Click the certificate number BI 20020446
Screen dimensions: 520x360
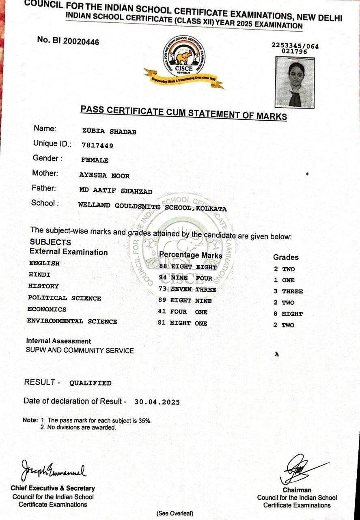coord(68,41)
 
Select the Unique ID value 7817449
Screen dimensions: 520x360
coord(97,145)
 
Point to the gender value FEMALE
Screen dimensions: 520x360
coord(95,160)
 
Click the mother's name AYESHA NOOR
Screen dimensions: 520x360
coord(105,175)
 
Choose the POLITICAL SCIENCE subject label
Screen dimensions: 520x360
coord(65,298)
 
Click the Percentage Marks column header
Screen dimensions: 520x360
coord(191,255)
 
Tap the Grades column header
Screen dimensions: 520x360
coord(286,257)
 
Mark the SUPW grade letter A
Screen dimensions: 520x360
coord(277,354)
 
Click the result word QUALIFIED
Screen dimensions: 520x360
coord(91,383)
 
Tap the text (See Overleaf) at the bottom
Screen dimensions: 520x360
coord(175,513)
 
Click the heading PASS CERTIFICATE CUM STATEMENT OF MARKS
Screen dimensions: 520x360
coord(183,113)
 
